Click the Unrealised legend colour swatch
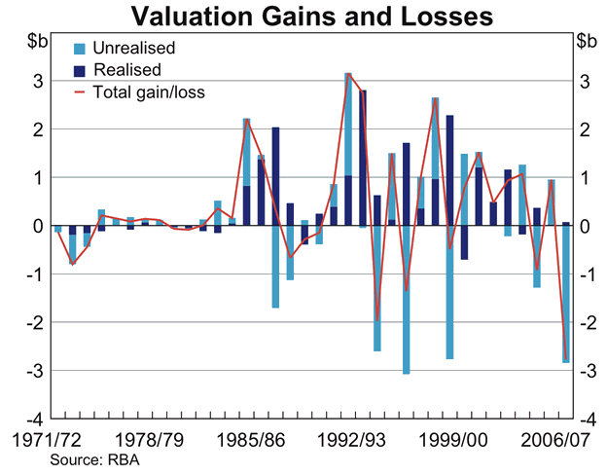[x=81, y=48]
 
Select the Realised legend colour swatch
[x=81, y=70]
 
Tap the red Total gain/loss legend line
[x=81, y=92]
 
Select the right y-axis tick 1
[x=583, y=178]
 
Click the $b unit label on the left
[x=34, y=42]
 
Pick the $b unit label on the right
[x=587, y=42]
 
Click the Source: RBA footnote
[x=94, y=459]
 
